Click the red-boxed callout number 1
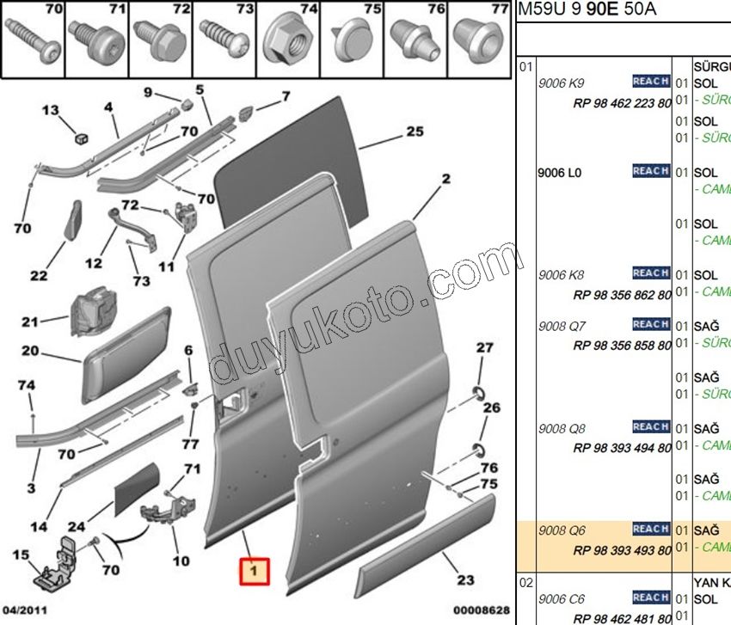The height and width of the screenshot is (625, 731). click(254, 570)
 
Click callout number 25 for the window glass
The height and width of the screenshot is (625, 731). click(415, 132)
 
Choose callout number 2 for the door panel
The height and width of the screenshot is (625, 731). click(446, 180)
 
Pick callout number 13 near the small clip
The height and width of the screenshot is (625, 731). click(52, 110)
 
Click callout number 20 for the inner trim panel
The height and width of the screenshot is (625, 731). click(31, 351)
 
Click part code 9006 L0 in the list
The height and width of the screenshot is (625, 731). click(560, 173)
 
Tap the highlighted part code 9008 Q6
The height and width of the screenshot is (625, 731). click(561, 530)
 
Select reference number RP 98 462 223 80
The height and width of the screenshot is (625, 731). click(622, 102)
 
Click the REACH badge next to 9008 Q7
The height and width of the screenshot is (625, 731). click(651, 324)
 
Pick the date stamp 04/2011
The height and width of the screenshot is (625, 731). click(23, 611)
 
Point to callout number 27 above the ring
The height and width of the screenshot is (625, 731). click(486, 347)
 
